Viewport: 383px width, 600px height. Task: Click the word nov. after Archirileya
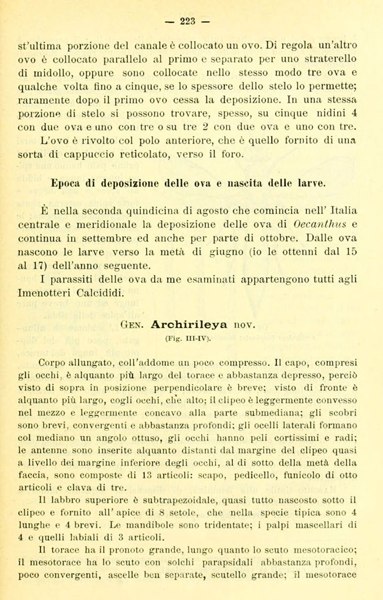point(246,323)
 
